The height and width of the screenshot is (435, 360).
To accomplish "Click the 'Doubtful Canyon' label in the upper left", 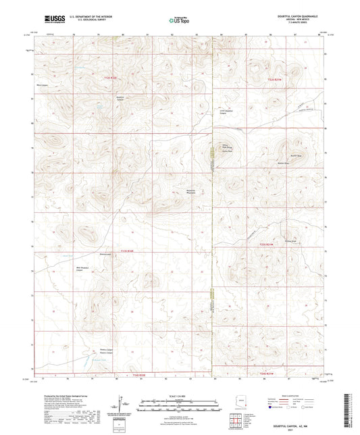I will click(100, 97).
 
